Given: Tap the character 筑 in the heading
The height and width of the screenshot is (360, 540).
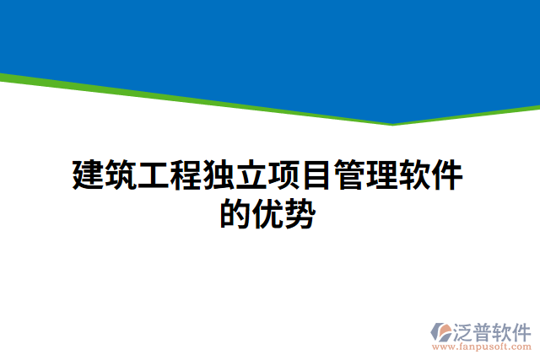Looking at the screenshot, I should click(121, 175).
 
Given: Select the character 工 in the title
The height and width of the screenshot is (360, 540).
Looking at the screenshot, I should click(154, 175).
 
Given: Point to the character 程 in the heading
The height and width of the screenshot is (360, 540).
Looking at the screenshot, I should click(187, 175).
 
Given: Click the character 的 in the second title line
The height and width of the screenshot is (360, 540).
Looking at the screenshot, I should click(236, 213).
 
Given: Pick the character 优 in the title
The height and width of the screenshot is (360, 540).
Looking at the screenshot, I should click(269, 213).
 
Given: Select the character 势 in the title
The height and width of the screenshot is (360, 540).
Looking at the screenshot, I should click(301, 213).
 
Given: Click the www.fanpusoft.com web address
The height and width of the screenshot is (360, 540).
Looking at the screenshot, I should click(481, 346).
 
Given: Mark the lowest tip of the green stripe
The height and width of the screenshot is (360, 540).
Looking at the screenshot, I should click(391, 125).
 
